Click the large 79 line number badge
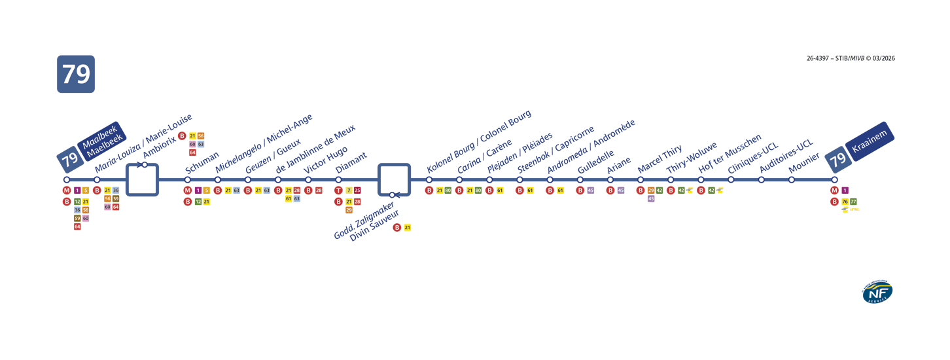[x=76, y=74]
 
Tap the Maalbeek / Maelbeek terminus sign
[x=101, y=139]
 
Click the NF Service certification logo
[x=877, y=292]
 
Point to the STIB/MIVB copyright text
[x=851, y=58]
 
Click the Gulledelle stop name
[x=595, y=162]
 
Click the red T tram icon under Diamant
[x=338, y=190]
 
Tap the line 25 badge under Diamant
[x=357, y=190]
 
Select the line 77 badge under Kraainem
[x=853, y=202]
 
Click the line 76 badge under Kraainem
[x=845, y=202]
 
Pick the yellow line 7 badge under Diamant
[x=349, y=190]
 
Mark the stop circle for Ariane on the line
[x=610, y=180]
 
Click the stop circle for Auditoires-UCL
[x=761, y=180]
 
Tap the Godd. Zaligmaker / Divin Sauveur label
[x=364, y=221]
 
